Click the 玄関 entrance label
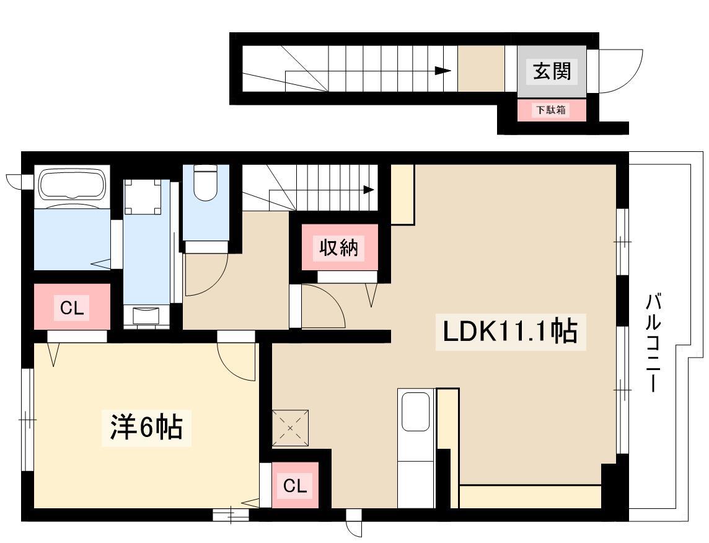[x=552, y=71]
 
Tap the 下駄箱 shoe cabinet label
[x=551, y=110]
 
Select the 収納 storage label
[x=338, y=247]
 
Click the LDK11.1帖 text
[x=510, y=332]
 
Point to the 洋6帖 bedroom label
[x=146, y=427]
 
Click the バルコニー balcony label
[x=653, y=342]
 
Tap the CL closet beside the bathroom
[x=72, y=308]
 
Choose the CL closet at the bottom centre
[x=295, y=486]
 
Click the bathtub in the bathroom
[x=73, y=185]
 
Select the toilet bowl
[x=205, y=182]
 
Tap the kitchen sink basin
[x=415, y=412]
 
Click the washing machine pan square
[x=143, y=196]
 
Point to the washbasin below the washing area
[x=146, y=316]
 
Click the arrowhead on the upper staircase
[x=443, y=71]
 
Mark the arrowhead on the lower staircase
[x=369, y=190]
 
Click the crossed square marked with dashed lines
[x=290, y=428]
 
